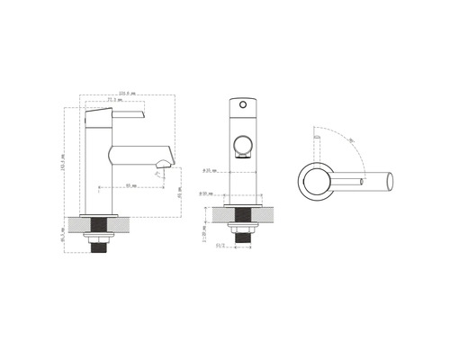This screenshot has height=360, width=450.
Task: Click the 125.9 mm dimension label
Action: point(126,93)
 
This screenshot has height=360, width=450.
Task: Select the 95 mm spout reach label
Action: point(130,184)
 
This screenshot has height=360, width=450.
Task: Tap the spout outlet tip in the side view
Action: point(165,163)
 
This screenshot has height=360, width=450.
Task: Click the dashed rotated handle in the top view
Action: point(315,144)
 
